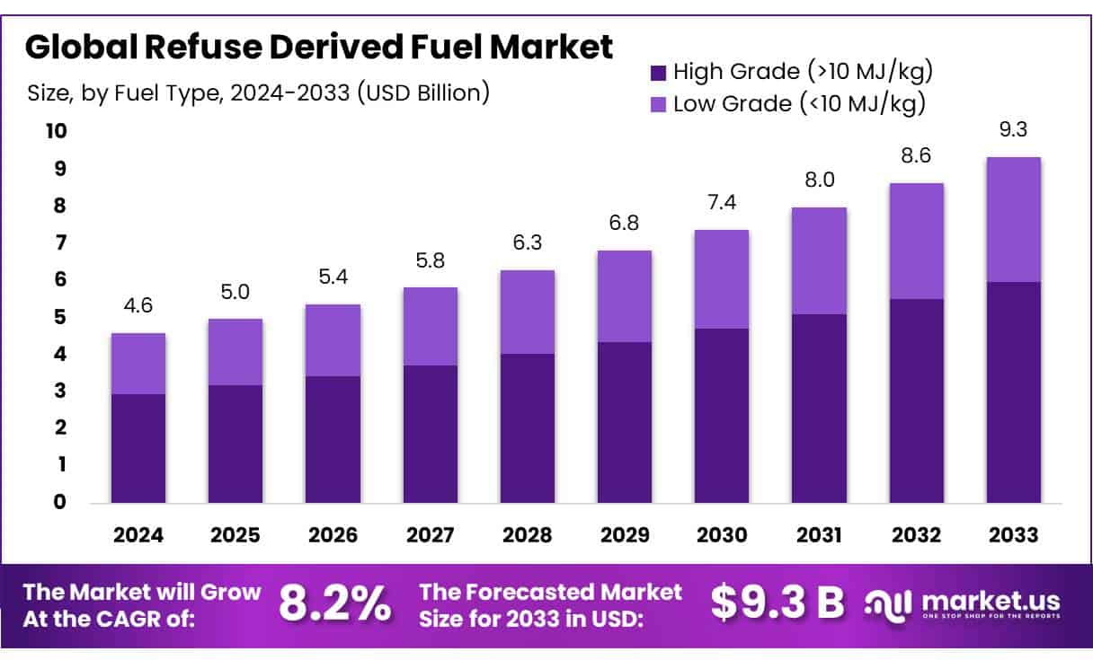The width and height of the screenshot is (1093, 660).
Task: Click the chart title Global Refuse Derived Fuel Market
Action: coord(318,47)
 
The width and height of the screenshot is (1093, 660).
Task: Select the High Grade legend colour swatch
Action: coord(657,71)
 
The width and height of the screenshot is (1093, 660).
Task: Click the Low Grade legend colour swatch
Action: coord(657,104)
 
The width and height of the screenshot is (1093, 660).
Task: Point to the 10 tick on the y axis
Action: coord(56,132)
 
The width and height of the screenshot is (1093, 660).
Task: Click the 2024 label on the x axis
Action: coord(138,535)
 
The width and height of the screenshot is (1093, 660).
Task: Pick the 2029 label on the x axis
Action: coord(625,535)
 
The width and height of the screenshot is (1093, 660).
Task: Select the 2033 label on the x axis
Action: coord(1013,535)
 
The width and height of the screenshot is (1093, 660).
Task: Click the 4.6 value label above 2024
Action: coord(138,305)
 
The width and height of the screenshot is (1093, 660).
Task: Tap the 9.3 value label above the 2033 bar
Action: coord(1013,129)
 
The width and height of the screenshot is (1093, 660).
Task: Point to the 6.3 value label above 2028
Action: coord(528,242)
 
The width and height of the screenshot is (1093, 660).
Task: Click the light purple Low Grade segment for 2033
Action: coord(1013,219)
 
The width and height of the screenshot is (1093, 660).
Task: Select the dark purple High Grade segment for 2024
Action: coord(138,448)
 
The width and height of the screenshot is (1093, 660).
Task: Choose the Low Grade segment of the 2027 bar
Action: coord(431,326)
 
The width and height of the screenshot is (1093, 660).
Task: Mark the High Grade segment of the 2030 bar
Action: coord(722,416)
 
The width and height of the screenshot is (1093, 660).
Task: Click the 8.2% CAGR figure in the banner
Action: coord(334,604)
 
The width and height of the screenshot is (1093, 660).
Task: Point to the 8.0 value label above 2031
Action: coord(819,180)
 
